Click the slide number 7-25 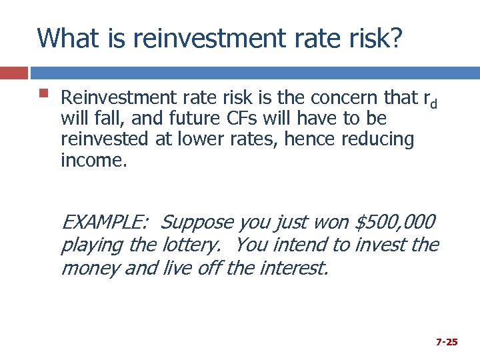click(446, 341)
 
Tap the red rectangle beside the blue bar click(14, 73)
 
